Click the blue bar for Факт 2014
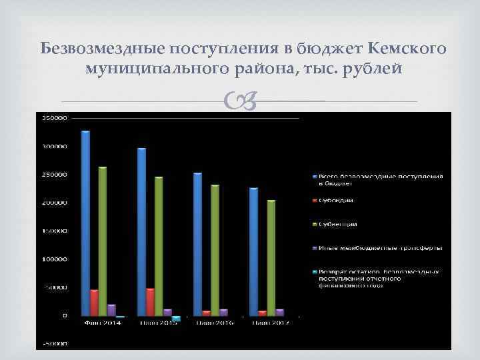point(85,223)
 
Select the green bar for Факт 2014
point(103,241)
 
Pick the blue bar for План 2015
point(141,231)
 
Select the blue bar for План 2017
point(253,251)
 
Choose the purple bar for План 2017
point(280,312)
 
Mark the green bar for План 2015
point(159,245)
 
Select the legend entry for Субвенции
point(338,225)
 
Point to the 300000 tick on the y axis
point(55,147)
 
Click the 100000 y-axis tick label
point(55,259)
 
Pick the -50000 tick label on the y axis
point(55,344)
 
